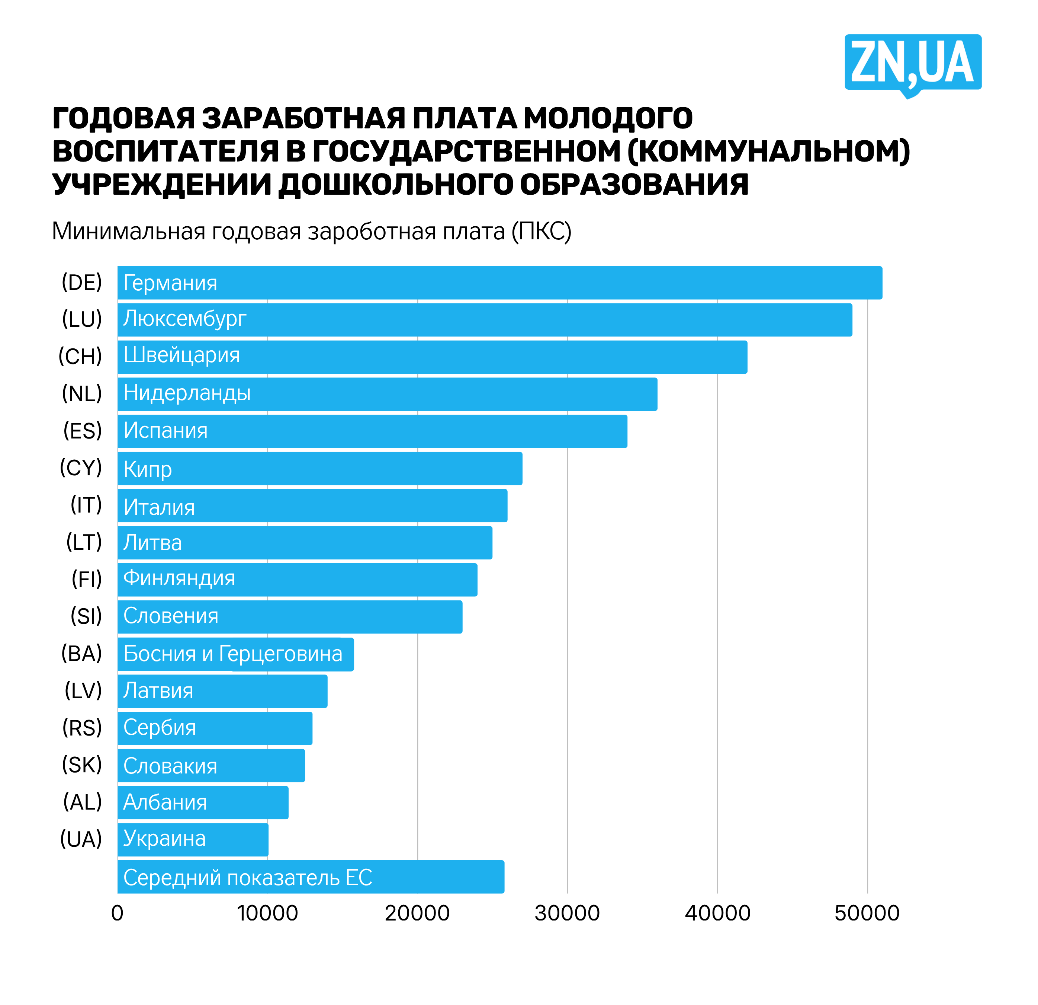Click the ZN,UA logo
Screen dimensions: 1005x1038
point(913,63)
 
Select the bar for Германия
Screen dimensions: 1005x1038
point(499,283)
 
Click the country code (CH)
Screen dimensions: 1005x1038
point(80,356)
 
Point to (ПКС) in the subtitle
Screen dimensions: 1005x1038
point(541,232)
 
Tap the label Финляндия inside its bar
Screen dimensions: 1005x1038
point(179,578)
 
